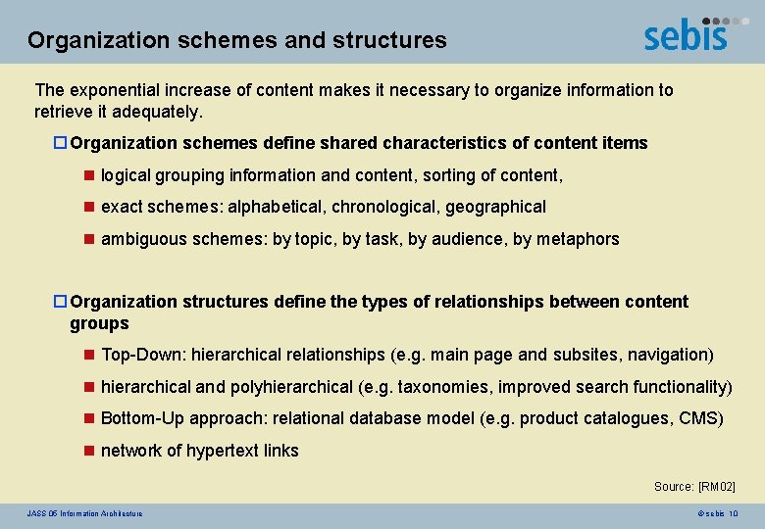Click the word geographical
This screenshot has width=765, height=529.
tap(496, 207)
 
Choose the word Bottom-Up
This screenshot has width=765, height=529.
tap(142, 418)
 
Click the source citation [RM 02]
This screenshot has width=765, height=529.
tap(716, 487)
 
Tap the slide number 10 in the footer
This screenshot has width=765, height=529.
tap(734, 513)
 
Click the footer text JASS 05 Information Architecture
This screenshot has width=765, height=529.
tap(84, 513)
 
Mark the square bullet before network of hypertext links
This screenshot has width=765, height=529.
tap(87, 451)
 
